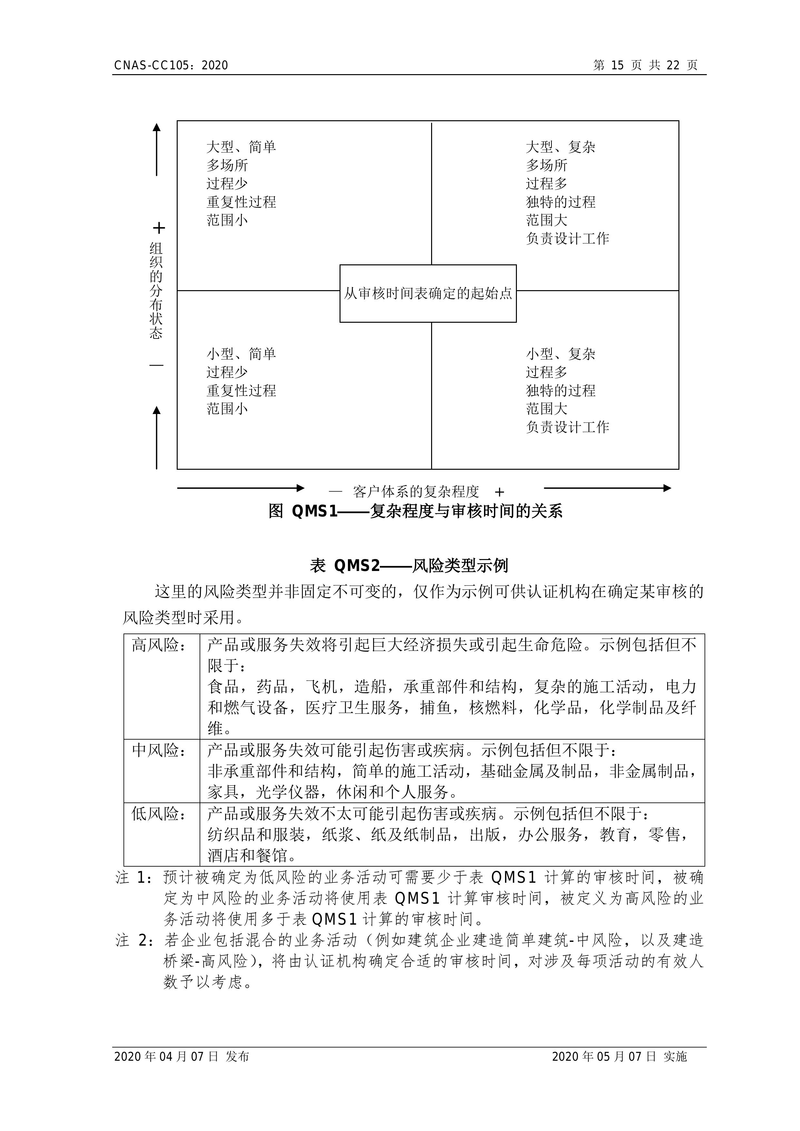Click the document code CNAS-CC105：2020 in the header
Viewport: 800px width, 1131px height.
coord(171,65)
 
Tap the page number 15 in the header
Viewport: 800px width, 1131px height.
coord(617,65)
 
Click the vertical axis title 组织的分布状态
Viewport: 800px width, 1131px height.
coord(156,290)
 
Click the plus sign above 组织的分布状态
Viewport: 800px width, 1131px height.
coord(159,228)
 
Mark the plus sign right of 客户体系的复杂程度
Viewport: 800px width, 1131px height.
coord(499,492)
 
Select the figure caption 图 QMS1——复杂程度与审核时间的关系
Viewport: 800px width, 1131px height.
coord(415,511)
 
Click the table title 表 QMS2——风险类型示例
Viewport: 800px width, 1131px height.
coord(409,565)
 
